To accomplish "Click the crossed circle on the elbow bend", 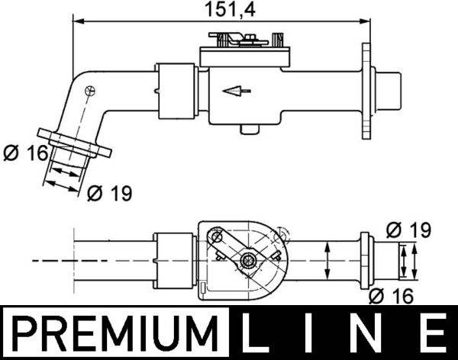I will click(x=91, y=91).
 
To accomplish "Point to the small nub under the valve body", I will click(x=246, y=127).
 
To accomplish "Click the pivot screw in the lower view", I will click(x=247, y=261).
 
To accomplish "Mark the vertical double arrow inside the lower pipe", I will click(x=327, y=260).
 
